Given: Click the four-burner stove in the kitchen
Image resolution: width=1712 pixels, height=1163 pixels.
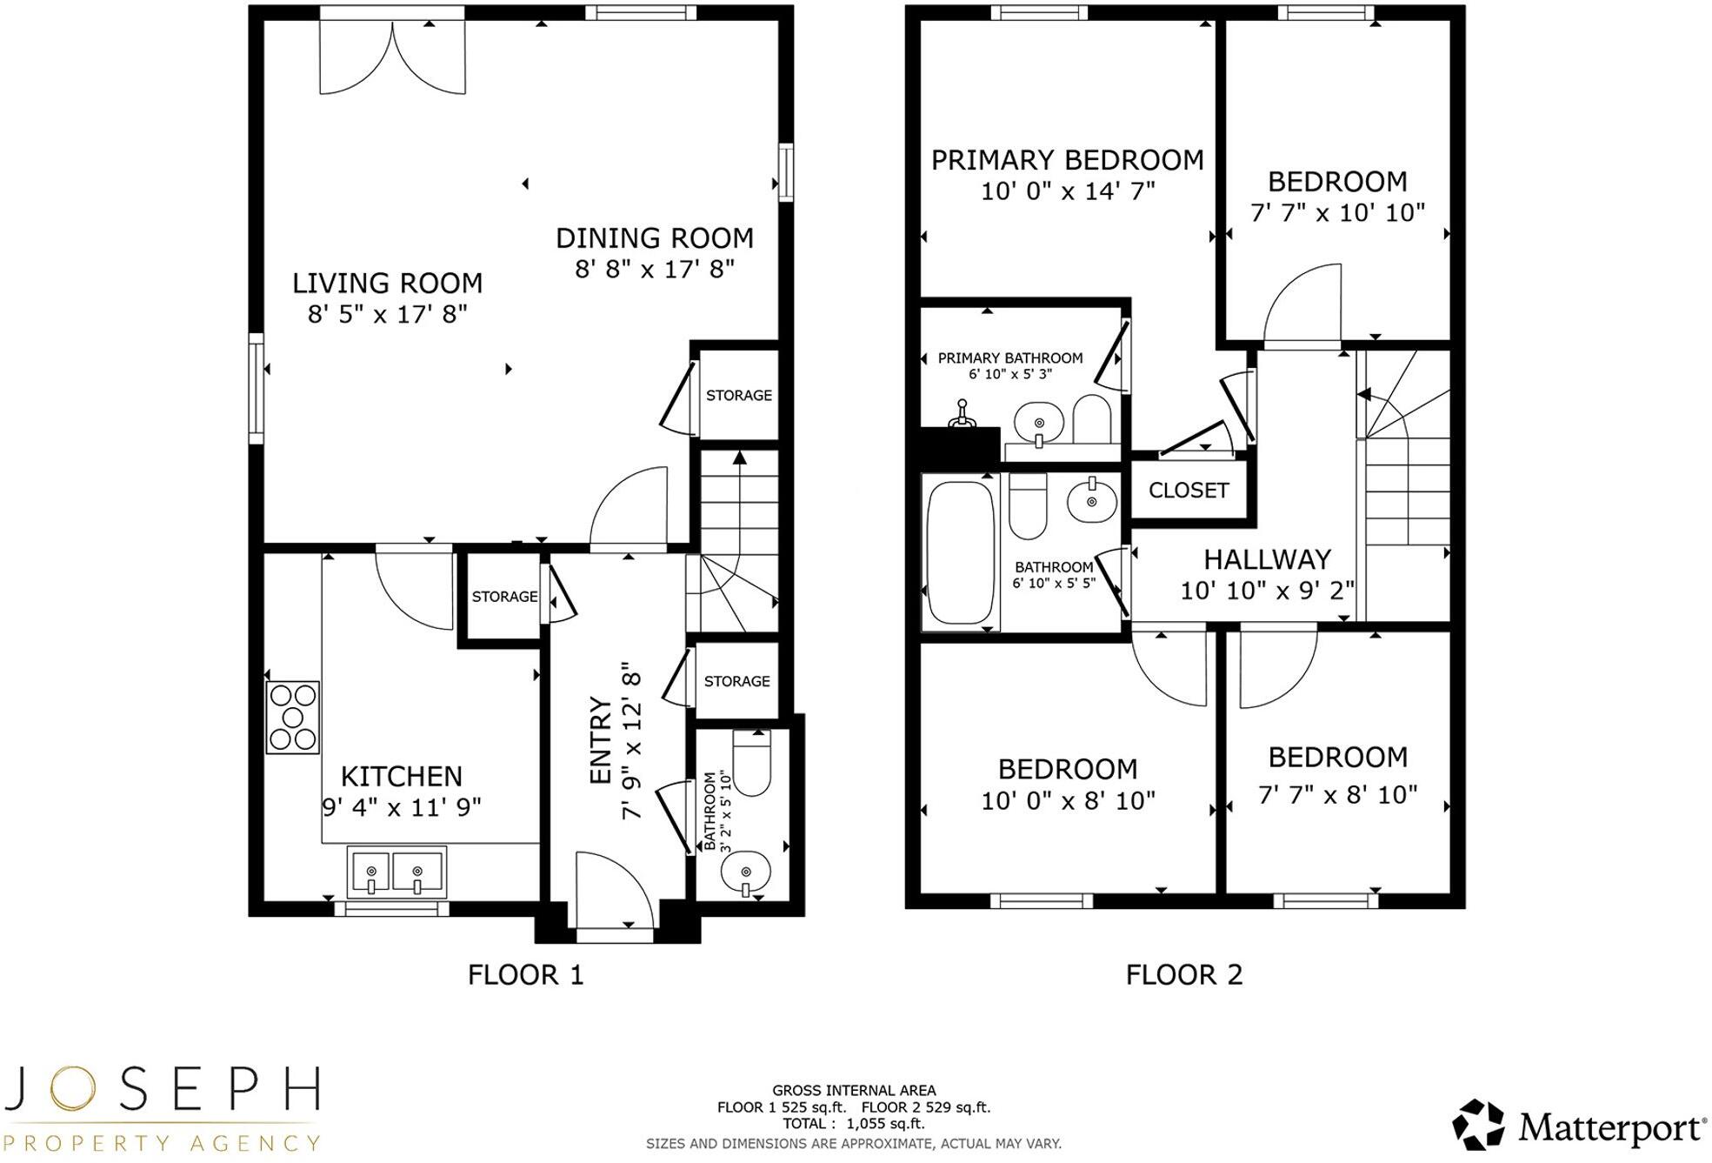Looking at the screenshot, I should point(292,717).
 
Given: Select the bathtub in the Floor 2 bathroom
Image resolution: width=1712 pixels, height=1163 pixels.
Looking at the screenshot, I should point(960,551).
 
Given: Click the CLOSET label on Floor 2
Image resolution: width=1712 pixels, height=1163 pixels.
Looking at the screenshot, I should point(1188,491).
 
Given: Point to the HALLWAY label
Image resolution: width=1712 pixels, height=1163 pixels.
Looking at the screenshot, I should point(1267,559).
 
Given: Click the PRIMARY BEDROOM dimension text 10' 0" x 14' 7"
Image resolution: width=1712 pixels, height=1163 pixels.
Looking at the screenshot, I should point(1068,191).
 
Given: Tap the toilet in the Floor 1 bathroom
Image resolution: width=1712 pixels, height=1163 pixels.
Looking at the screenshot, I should point(751,763).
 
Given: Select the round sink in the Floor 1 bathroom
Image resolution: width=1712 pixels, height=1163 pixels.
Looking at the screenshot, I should point(745,872).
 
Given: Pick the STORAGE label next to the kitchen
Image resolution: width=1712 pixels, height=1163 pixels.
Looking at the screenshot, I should point(504,597).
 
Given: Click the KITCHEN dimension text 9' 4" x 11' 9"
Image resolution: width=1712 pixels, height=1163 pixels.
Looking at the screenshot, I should point(401,808).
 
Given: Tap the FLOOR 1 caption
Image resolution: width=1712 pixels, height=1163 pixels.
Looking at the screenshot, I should point(525,974).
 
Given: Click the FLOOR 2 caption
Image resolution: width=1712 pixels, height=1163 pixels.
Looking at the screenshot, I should point(1183,974).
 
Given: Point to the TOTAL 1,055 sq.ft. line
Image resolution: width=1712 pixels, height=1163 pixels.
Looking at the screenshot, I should point(853,1124).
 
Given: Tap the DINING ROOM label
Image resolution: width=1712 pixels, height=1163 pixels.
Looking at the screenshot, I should point(654,238).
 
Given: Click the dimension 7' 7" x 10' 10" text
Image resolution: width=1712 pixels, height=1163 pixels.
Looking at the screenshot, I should point(1337,213).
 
